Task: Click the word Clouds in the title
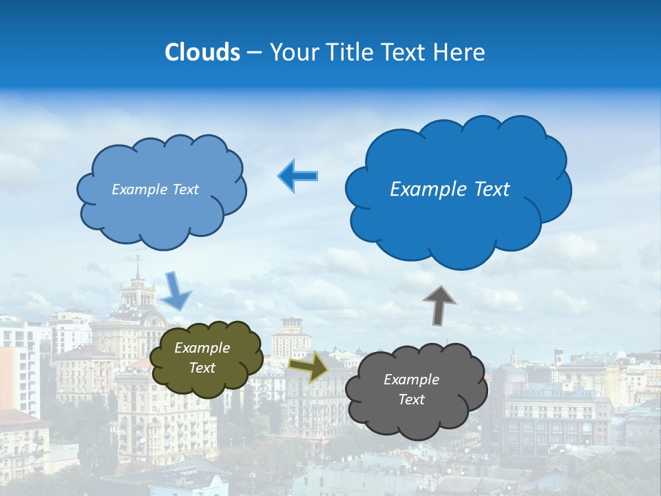tap(202, 52)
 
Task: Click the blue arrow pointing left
tap(297, 176)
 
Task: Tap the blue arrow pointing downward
tap(176, 291)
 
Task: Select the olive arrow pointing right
tap(308, 366)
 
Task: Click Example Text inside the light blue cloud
tap(155, 189)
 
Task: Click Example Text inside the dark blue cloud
tap(450, 189)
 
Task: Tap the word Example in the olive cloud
tap(202, 349)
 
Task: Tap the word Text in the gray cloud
tap(411, 400)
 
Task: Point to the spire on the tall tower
tap(138, 265)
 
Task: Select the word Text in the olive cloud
tap(202, 368)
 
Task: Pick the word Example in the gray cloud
tap(411, 380)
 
